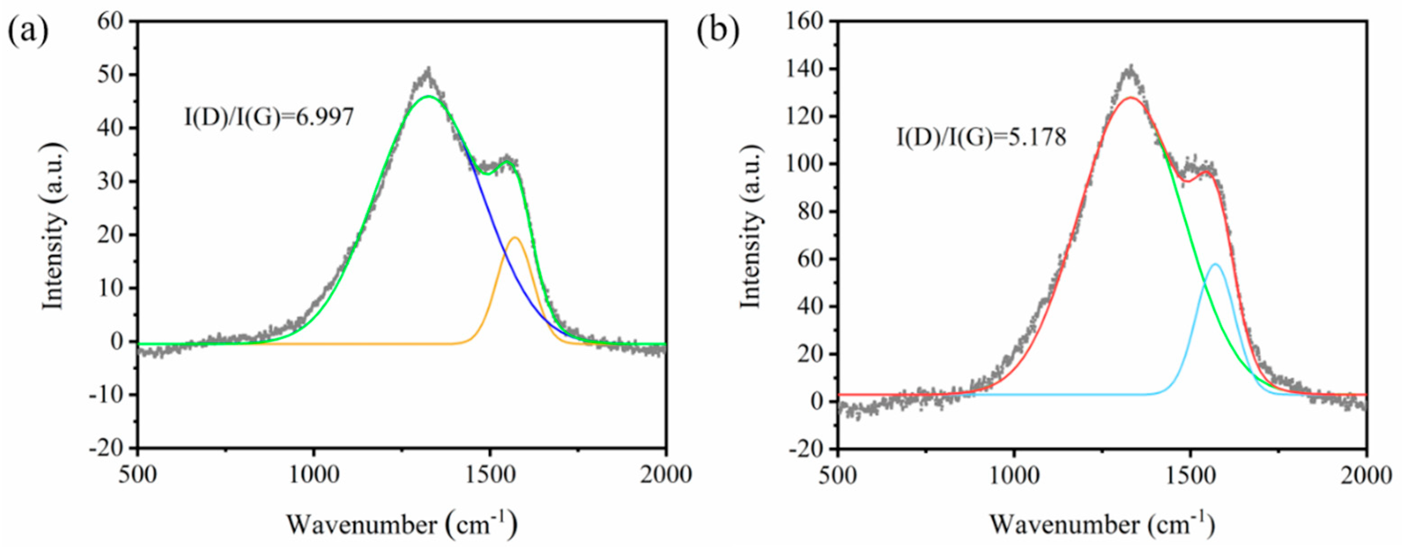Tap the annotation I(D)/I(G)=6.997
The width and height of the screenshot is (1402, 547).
click(269, 117)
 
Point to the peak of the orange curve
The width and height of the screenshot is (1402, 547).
click(514, 237)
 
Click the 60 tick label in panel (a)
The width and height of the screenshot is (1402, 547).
click(113, 21)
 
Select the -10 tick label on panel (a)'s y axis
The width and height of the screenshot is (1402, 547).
click(108, 395)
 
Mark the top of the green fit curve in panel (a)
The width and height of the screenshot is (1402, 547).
click(428, 96)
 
